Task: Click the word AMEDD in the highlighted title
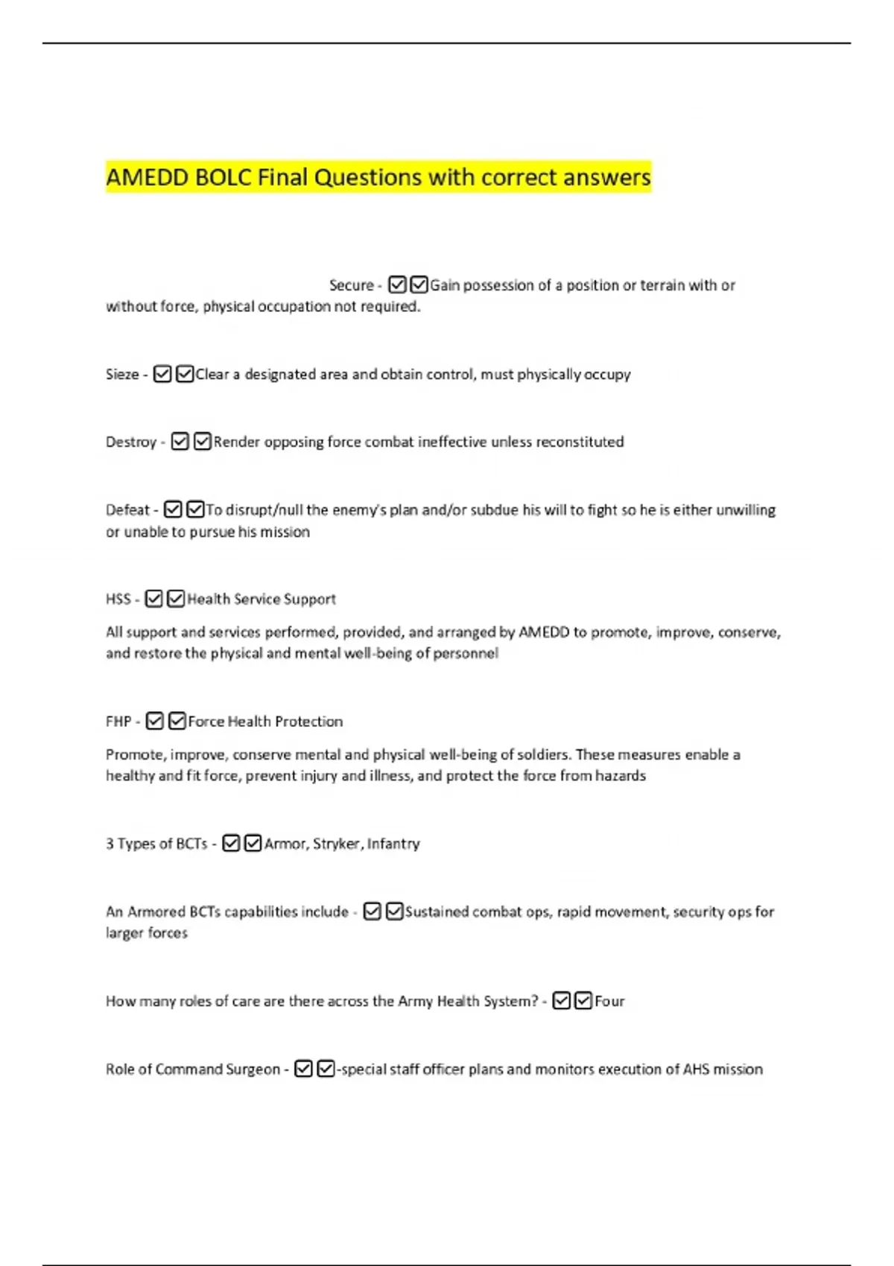pos(147,178)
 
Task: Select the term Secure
pos(351,285)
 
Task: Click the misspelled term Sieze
pos(122,375)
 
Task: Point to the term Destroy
pos(131,442)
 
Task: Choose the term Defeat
pos(127,510)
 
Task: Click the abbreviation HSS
pos(118,599)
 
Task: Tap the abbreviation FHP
pos(118,722)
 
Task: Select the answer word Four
pos(609,1002)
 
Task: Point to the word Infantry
pos(393,844)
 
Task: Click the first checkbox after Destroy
pos(180,442)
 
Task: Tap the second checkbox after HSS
pos(176,599)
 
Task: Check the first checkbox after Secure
pos(397,284)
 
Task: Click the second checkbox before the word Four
pos(583,1001)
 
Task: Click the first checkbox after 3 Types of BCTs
pos(231,843)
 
